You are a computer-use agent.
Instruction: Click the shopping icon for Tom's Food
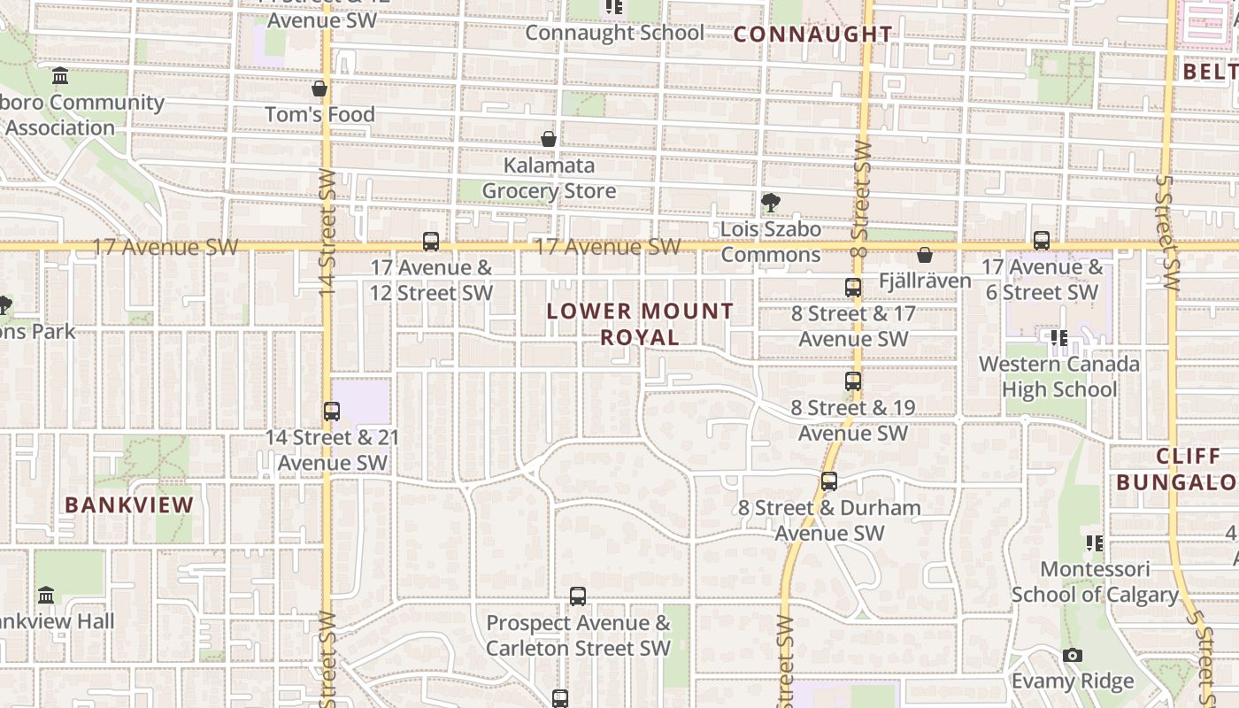tap(319, 88)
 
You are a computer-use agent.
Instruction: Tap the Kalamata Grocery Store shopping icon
tap(549, 139)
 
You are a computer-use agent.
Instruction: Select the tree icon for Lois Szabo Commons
tap(770, 203)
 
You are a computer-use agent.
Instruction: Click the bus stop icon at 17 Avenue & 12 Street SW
tap(431, 241)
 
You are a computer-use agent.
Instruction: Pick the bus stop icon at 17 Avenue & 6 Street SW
tap(1042, 240)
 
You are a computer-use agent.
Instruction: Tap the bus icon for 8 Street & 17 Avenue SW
tap(853, 287)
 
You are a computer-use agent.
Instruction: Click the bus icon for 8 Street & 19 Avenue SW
tap(853, 381)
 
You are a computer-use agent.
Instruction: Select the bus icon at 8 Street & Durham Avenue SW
tap(829, 481)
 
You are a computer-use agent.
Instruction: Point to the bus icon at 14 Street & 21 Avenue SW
tap(332, 411)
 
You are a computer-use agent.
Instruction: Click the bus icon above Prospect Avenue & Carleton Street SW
tap(578, 596)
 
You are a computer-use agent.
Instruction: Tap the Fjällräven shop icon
tap(925, 255)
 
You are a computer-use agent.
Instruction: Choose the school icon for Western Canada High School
tap(1058, 337)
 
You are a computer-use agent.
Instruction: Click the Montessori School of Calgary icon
tap(1095, 543)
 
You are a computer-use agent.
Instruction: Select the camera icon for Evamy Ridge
tap(1073, 655)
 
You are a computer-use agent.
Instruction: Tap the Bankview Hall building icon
tap(46, 595)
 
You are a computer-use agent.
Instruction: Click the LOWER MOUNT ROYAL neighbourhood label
tap(640, 324)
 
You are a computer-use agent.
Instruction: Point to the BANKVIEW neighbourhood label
tap(129, 505)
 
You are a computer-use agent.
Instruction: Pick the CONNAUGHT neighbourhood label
tap(813, 35)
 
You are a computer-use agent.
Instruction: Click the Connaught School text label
tap(615, 33)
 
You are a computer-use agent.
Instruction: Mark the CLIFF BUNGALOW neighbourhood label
tap(1176, 469)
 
